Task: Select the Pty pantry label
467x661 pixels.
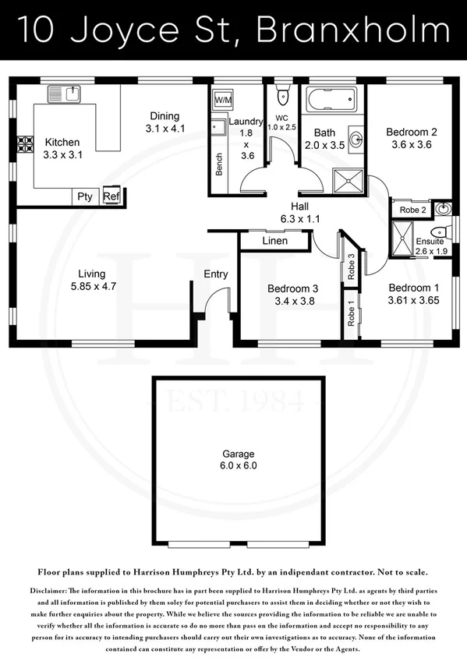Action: [84, 196]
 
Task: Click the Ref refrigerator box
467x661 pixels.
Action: [111, 196]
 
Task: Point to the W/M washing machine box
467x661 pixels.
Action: [222, 101]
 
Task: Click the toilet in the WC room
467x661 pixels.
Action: [282, 97]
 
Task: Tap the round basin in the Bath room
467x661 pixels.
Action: [356, 140]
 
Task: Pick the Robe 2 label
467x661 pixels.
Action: [412, 210]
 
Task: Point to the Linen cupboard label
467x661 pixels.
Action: [274, 241]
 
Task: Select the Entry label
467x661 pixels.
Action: [216, 274]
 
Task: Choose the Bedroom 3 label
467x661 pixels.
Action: [292, 286]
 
